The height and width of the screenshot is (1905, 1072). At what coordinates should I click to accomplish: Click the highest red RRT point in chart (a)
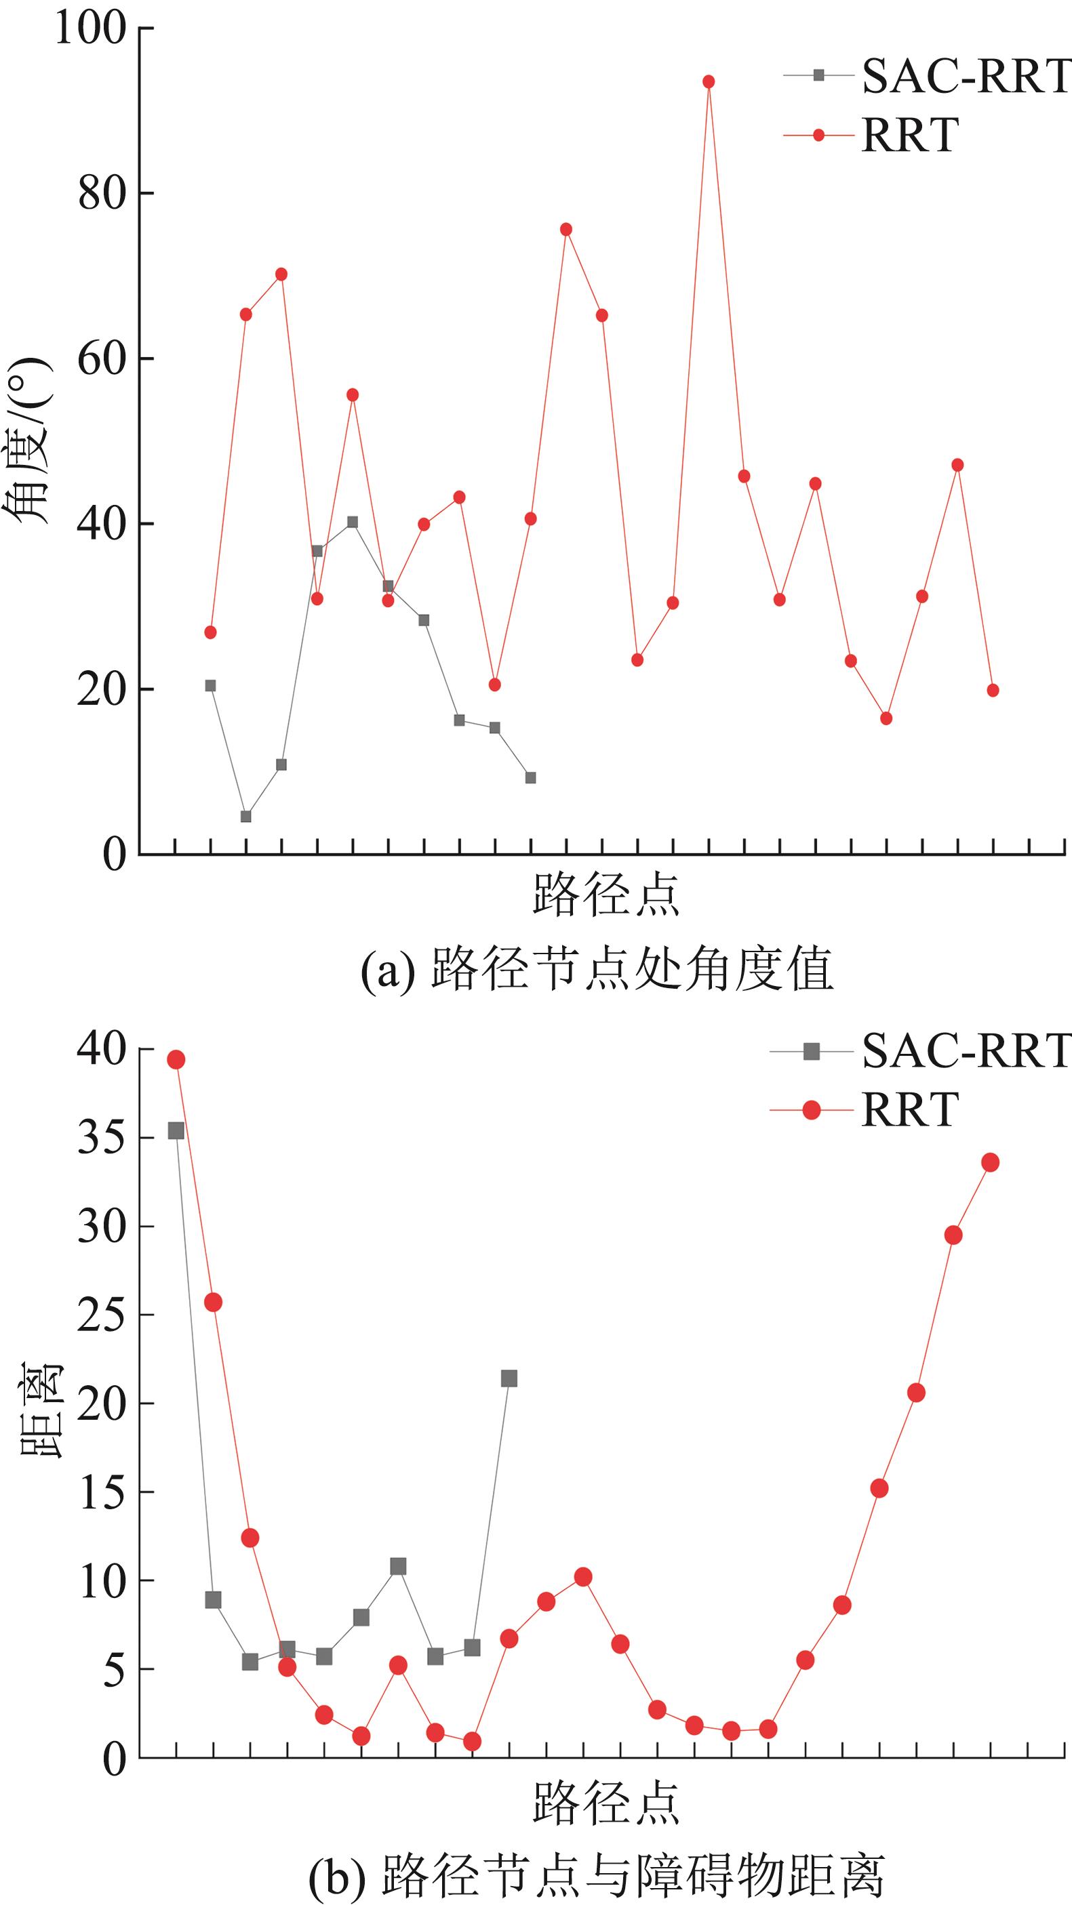click(708, 81)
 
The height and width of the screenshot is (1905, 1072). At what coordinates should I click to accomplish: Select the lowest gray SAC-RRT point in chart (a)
click(245, 817)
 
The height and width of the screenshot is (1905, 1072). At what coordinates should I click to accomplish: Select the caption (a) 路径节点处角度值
click(596, 970)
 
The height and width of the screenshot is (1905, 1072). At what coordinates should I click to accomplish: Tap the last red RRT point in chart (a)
click(993, 690)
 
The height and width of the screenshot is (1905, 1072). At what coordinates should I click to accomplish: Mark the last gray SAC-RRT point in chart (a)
click(530, 777)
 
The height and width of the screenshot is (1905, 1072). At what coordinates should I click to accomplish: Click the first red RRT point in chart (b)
click(176, 1060)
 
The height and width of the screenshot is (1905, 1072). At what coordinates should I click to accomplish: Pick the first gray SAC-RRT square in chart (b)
click(176, 1130)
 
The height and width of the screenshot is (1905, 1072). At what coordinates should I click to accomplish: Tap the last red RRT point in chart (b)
click(990, 1162)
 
